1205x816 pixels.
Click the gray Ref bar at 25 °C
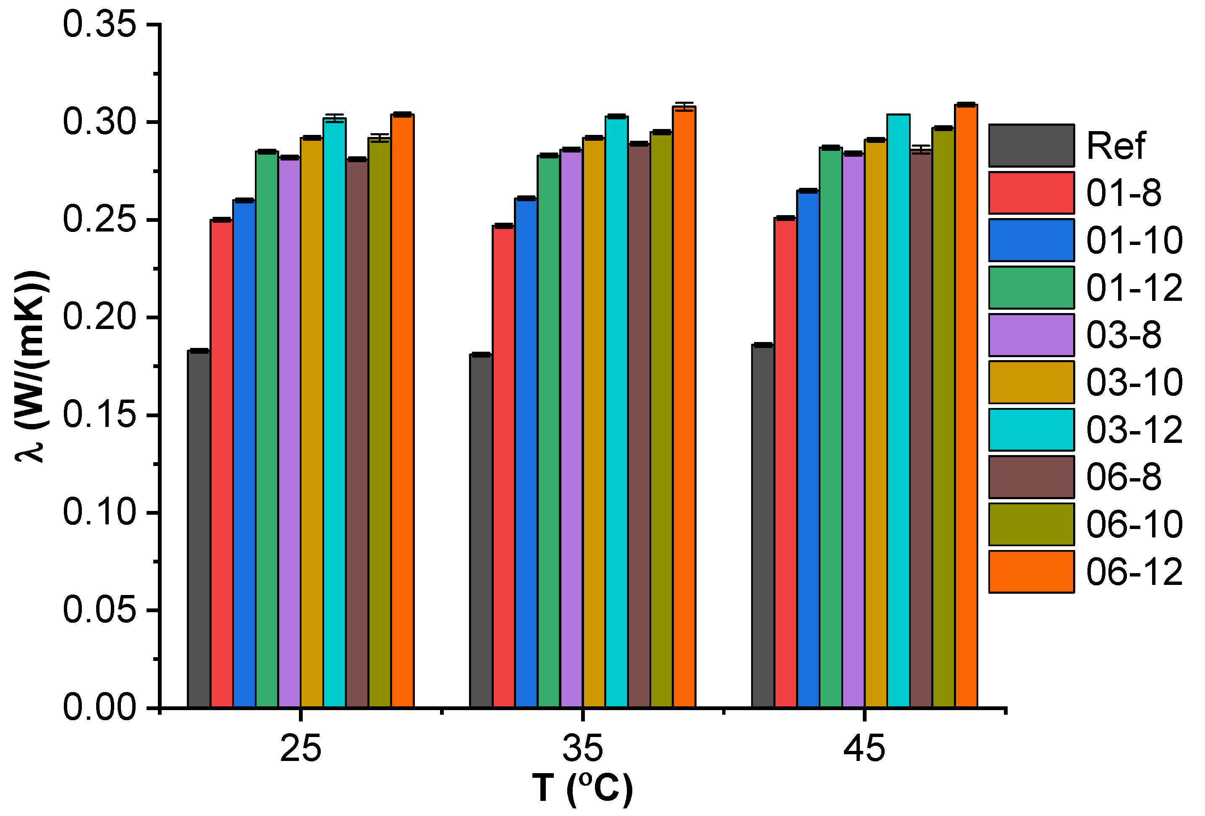click(x=199, y=529)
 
